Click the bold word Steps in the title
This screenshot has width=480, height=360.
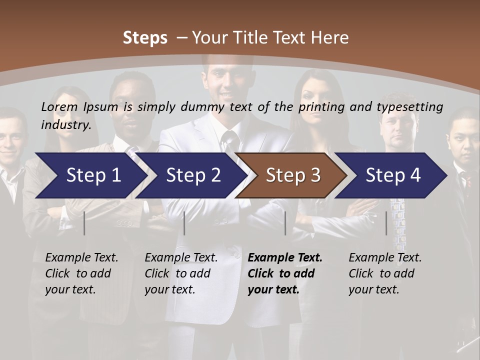coord(145,38)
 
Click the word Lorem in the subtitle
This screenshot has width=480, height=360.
coord(59,107)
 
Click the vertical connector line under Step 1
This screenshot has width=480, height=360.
coord(84,223)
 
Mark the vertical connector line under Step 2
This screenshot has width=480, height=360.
coord(184,223)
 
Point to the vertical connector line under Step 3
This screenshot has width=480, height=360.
coord(285,223)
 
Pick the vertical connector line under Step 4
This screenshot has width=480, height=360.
coord(386,223)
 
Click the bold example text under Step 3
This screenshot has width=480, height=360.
coord(285,273)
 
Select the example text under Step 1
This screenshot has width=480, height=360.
coord(81,273)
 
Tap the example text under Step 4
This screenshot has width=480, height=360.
coord(385,273)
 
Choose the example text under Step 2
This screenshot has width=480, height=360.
coord(181,273)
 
